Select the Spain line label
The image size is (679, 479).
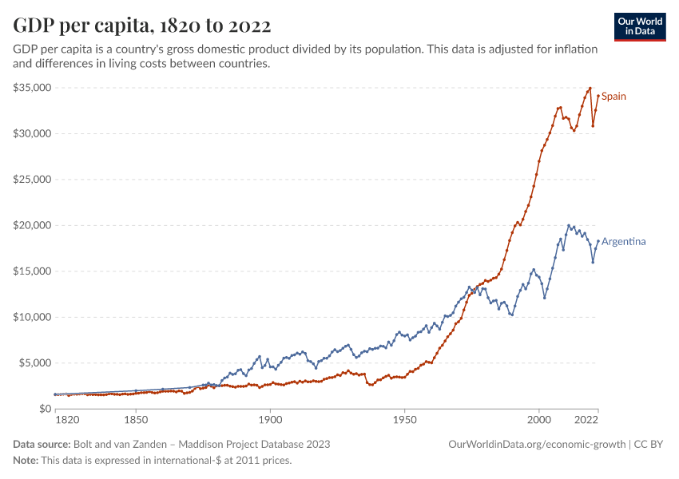coord(613,97)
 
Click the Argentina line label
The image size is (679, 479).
coord(624,241)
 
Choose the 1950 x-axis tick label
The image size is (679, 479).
coord(405,419)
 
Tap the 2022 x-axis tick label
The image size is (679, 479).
coord(587,419)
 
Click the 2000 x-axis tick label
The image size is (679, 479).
coord(539,419)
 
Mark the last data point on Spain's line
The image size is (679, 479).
coord(598,97)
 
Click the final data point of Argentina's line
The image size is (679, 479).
coord(598,241)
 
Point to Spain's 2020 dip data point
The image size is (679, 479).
coord(593,125)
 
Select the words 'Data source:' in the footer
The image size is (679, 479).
coord(42,444)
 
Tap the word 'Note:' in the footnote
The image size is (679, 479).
coord(28,461)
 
